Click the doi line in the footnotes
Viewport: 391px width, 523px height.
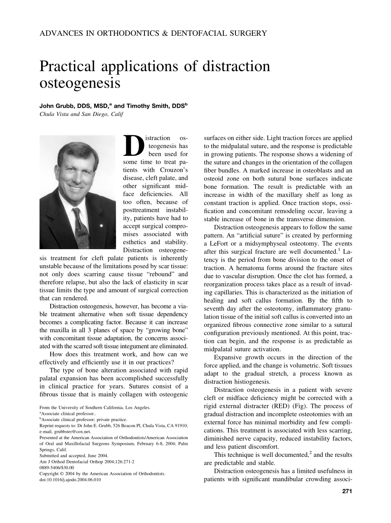tap(70, 479)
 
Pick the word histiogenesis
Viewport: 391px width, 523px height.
tap(251, 382)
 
